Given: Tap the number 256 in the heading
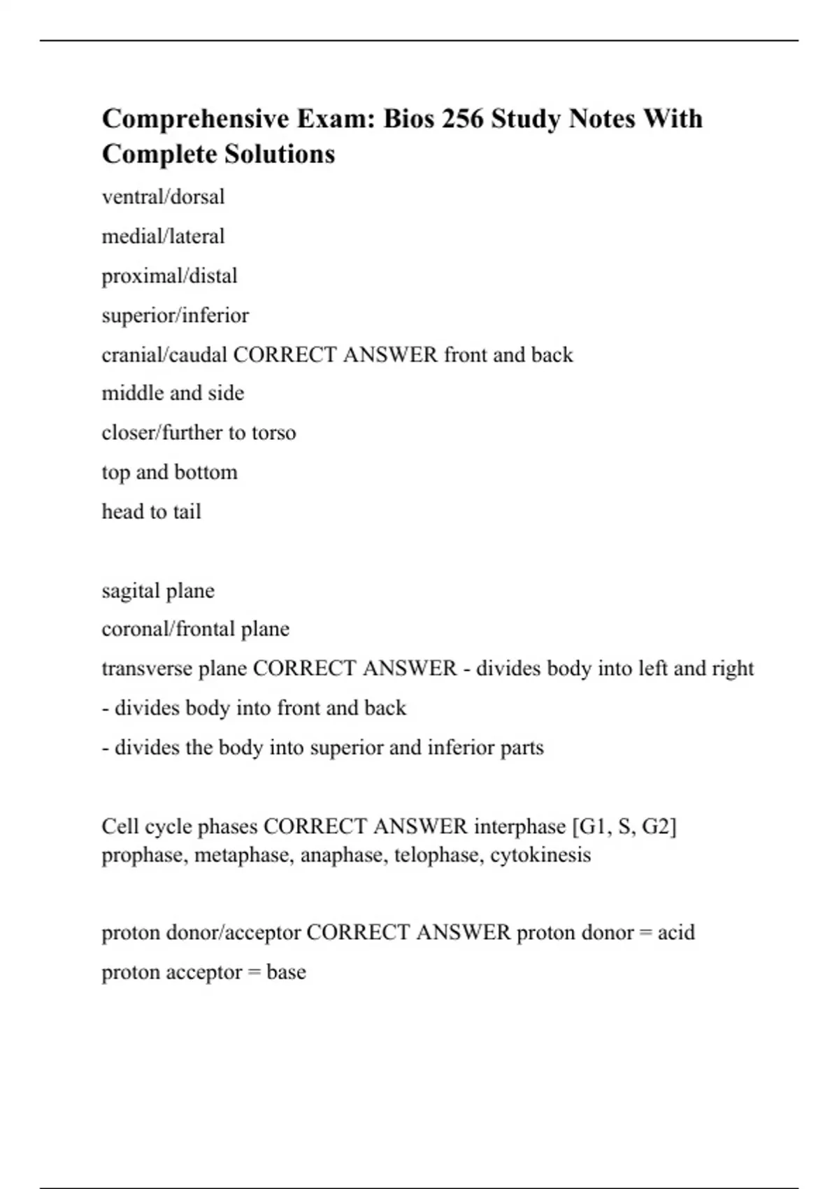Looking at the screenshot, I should tap(462, 119).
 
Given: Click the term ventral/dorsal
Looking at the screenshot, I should tap(163, 197).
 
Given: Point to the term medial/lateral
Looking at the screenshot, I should tap(163, 236).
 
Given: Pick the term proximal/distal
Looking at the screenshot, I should tap(169, 276).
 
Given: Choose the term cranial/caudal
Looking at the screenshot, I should tap(164, 355).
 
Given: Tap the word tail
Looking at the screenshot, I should tap(187, 511).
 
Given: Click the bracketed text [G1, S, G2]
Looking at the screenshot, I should tap(624, 826).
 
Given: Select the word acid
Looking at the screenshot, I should tap(676, 932).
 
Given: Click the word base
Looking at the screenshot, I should tap(286, 972).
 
